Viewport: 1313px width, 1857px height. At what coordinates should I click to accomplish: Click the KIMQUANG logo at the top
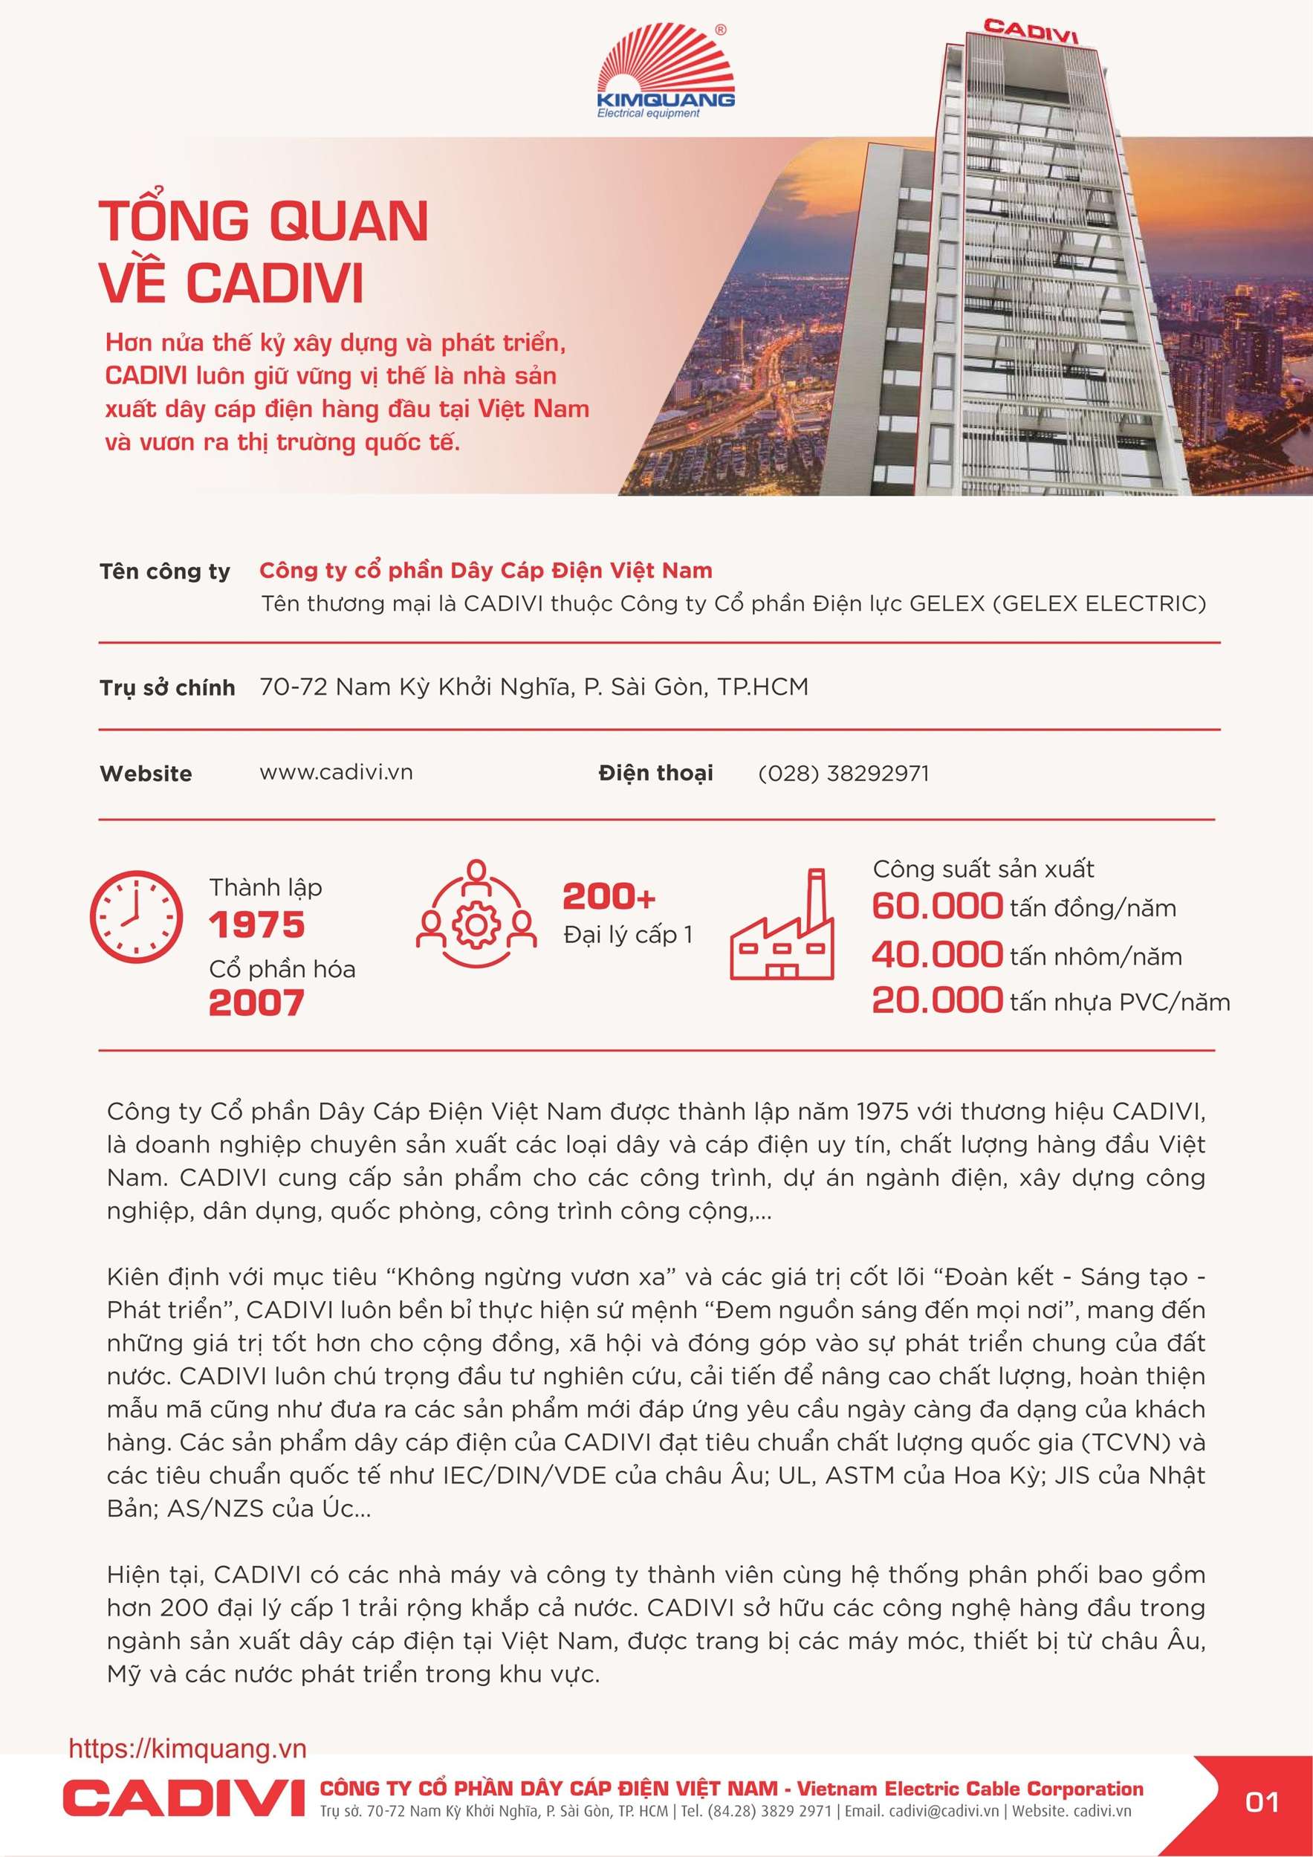click(x=665, y=73)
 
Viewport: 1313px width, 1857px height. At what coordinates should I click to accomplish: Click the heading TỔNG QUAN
click(x=264, y=221)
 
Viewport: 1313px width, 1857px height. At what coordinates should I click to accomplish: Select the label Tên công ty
click(x=164, y=572)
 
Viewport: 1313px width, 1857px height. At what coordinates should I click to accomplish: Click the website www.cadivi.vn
click(x=336, y=772)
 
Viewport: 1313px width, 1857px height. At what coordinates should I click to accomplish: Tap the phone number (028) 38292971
click(x=843, y=774)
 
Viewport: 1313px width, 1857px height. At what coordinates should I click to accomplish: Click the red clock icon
click(x=136, y=916)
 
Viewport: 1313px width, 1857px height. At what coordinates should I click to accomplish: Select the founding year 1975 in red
click(x=256, y=925)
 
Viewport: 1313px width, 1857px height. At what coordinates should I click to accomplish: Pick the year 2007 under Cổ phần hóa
click(x=256, y=1004)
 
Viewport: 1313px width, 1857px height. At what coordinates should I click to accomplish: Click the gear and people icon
click(x=476, y=914)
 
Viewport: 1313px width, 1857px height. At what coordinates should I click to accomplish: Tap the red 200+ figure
click(x=609, y=897)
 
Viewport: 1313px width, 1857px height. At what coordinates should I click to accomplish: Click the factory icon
click(x=782, y=926)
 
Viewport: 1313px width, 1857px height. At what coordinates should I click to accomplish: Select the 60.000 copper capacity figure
click(x=937, y=906)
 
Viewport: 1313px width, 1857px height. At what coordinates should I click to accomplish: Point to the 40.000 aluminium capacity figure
click(x=937, y=954)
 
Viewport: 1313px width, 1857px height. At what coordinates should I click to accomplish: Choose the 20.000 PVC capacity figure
click(x=937, y=1000)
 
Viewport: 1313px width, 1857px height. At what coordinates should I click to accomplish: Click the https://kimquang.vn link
click(x=188, y=1749)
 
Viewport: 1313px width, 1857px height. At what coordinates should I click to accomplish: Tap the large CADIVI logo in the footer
click(x=184, y=1797)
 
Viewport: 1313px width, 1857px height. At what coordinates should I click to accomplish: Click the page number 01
click(x=1261, y=1803)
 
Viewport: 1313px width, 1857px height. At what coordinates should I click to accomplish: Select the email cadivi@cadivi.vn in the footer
click(x=942, y=1812)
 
